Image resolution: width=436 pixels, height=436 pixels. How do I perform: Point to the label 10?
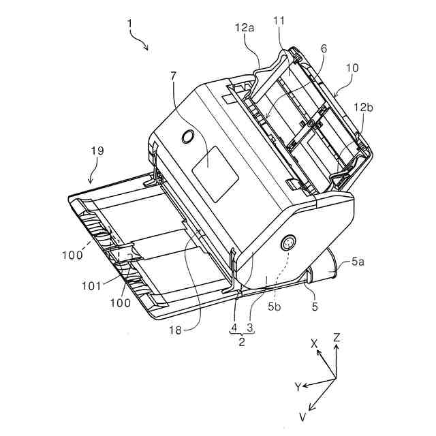pyautogui.click(x=352, y=69)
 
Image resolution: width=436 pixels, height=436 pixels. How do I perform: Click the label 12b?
pyautogui.click(x=362, y=106)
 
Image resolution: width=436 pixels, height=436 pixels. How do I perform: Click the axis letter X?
pyautogui.click(x=314, y=345)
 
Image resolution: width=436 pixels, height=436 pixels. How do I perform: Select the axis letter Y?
pyautogui.click(x=298, y=387)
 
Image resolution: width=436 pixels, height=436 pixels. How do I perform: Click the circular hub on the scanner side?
pyautogui.click(x=287, y=244)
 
